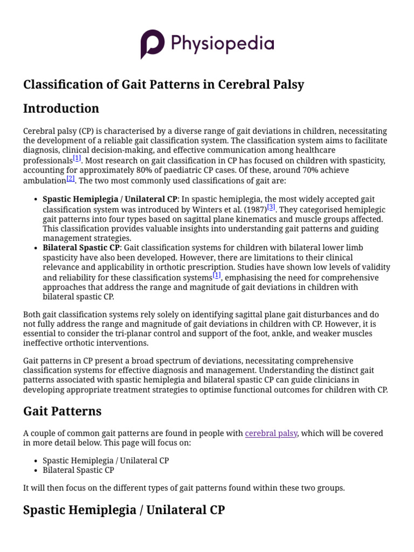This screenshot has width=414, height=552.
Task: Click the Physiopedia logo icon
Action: point(153,44)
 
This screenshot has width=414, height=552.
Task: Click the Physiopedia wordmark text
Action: point(223,43)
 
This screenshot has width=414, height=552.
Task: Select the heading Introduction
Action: point(61,108)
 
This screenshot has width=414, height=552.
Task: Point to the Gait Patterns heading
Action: point(62,411)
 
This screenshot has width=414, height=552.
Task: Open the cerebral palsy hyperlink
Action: point(271,433)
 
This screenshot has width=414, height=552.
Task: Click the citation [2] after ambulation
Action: point(70,178)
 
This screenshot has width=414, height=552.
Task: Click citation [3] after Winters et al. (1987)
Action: point(271,207)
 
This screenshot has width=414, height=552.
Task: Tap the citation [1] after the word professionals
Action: point(77,158)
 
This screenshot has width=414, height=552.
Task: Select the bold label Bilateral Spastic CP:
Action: point(82,248)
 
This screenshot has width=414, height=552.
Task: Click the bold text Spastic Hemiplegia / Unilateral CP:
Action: point(111,199)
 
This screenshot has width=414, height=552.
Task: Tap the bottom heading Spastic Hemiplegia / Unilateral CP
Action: point(123,509)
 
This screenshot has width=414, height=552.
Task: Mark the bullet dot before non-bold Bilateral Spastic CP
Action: point(35,470)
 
